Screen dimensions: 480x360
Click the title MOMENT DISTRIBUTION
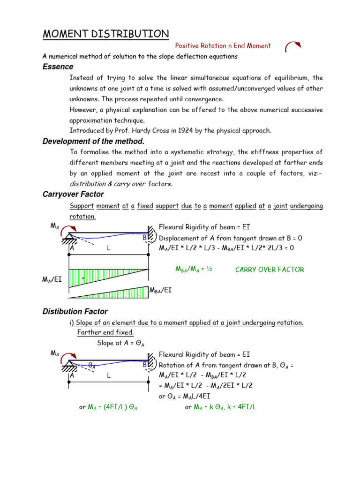click(x=105, y=34)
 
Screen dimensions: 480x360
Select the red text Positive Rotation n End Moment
click(x=223, y=46)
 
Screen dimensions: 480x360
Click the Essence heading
click(x=58, y=67)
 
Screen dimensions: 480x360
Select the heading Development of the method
click(x=93, y=142)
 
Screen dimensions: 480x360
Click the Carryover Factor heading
click(x=73, y=194)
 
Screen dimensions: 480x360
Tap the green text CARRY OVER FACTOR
click(x=270, y=270)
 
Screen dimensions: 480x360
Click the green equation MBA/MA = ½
click(x=194, y=269)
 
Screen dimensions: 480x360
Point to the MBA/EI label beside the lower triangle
click(x=160, y=290)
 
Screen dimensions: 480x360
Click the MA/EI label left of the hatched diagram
click(x=53, y=280)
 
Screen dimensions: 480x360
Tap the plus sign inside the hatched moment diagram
click(x=83, y=278)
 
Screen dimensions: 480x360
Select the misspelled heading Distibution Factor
click(x=75, y=312)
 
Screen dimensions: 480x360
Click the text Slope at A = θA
click(x=120, y=344)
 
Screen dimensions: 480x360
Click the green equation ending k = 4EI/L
click(x=221, y=407)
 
